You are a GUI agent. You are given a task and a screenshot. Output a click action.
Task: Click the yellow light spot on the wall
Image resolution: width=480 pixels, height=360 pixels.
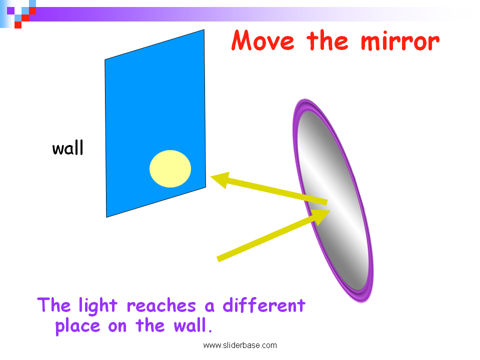170,168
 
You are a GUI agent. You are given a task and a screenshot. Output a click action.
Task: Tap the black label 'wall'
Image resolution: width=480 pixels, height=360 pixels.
67,148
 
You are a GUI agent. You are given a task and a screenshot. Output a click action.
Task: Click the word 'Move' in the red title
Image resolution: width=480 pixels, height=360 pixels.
263,40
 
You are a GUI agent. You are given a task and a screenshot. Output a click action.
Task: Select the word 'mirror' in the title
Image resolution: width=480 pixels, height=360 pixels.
400,41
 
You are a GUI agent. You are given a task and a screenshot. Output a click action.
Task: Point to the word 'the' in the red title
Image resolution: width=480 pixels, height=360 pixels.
327,40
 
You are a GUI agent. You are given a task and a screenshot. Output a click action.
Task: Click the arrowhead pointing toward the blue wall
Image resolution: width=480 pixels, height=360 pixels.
220,180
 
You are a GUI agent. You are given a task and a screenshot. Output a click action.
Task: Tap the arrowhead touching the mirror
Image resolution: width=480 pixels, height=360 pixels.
321,216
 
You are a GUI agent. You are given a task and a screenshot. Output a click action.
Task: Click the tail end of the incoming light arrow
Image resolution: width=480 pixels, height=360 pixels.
218,259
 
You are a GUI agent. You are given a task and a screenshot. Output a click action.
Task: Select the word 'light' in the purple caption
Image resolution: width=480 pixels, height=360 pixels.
98,306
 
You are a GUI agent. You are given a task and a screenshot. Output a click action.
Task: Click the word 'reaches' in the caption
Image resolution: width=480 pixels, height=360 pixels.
161,306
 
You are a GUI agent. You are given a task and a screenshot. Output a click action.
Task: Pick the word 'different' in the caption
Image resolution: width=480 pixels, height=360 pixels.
264,305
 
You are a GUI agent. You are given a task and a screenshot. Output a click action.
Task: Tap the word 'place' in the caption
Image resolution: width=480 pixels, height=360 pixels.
78,326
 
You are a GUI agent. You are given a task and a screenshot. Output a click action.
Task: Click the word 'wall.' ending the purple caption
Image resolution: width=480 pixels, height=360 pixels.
193,325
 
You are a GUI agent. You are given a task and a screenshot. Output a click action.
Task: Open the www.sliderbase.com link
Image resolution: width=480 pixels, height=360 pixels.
240,345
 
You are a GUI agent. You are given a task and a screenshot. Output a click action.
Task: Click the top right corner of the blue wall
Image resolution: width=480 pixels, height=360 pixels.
204,29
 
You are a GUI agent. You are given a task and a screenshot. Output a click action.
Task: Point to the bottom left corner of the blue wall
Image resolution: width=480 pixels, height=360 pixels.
106,217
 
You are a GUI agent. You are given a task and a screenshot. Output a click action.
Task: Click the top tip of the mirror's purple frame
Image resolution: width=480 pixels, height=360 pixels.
305,99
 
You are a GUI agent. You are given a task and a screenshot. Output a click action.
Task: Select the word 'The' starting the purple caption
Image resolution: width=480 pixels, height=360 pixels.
54,305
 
